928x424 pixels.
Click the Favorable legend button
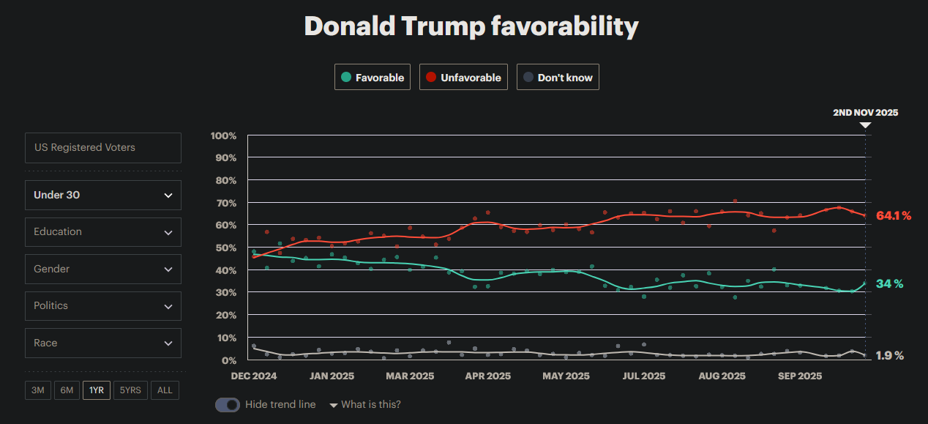click(x=373, y=77)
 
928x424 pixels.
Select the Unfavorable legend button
click(x=464, y=77)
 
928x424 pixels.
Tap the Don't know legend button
click(x=558, y=77)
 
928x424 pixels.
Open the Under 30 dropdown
click(x=103, y=195)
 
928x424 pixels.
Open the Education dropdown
click(x=103, y=231)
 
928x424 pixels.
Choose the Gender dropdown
click(x=103, y=269)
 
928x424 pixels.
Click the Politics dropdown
click(x=103, y=305)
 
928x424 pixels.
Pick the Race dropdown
click(x=103, y=343)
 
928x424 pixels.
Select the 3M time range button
click(x=38, y=390)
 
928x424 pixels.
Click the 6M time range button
click(x=67, y=390)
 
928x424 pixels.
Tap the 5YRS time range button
click(x=130, y=390)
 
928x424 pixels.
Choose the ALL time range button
click(x=165, y=390)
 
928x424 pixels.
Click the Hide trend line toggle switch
click(x=228, y=404)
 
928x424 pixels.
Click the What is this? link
click(x=370, y=404)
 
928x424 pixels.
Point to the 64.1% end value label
click(x=894, y=215)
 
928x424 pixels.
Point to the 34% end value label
click(x=889, y=283)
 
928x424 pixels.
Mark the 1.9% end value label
click(x=890, y=355)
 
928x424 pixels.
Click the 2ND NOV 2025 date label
click(x=865, y=113)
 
